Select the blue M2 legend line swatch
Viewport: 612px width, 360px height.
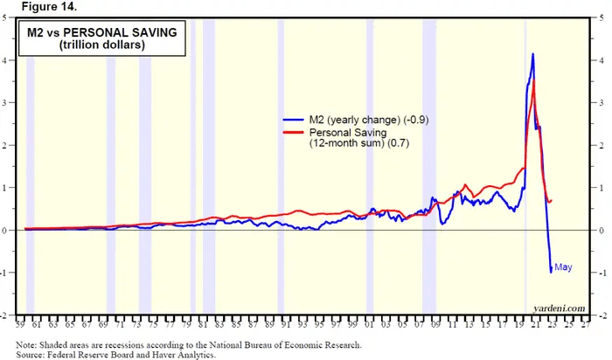point(295,118)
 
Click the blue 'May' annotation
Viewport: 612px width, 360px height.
point(563,267)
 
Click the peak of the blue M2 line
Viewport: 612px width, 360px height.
point(533,54)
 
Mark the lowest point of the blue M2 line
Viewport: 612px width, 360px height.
point(551,273)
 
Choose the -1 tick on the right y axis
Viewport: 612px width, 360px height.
point(603,272)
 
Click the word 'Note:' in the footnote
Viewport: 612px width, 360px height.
point(28,344)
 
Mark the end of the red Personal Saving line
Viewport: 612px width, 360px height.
point(552,201)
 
